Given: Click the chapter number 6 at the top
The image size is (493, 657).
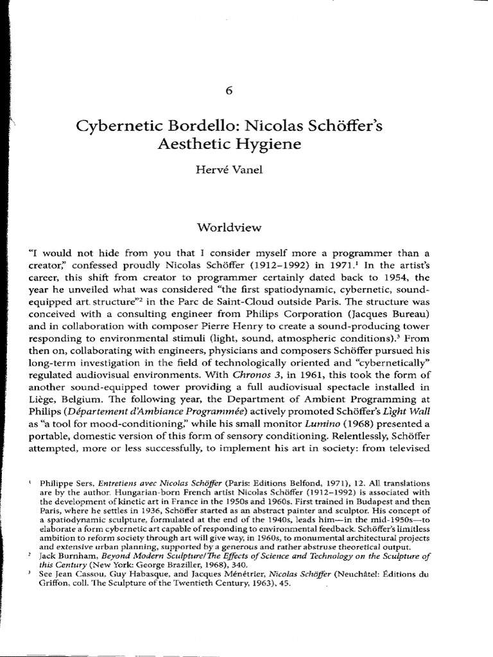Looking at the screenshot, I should pyautogui.click(x=246, y=90).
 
